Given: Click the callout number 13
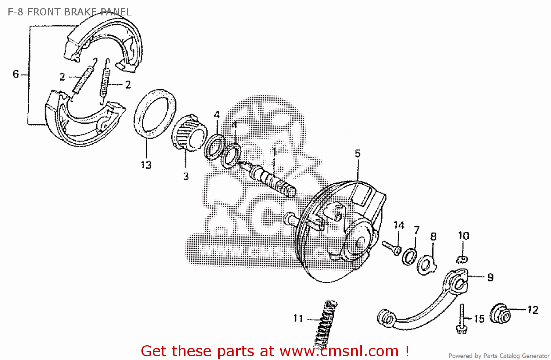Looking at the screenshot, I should pyautogui.click(x=146, y=165).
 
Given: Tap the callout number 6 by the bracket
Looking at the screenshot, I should pyautogui.click(x=16, y=74).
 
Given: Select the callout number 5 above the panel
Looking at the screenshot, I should pyautogui.click(x=358, y=154).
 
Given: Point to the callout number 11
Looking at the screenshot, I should pyautogui.click(x=298, y=318).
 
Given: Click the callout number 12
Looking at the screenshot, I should pyautogui.click(x=533, y=310).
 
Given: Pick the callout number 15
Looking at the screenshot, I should pyautogui.click(x=479, y=319).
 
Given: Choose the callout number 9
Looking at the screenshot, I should pyautogui.click(x=490, y=277).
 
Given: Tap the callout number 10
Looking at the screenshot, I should pyautogui.click(x=464, y=236).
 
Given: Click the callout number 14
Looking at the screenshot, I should pyautogui.click(x=399, y=226).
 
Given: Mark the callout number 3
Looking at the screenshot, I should pyautogui.click(x=186, y=176).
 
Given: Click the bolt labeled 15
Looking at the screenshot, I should pyautogui.click(x=461, y=318).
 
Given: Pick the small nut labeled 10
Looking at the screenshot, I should pyautogui.click(x=462, y=260).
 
